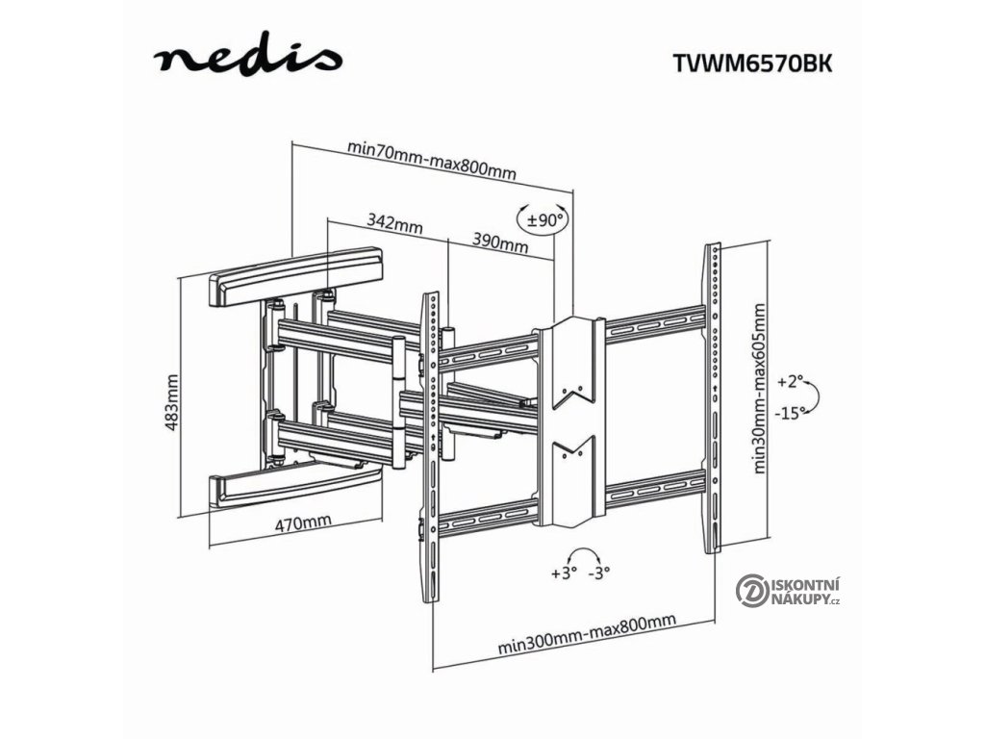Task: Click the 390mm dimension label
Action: (500, 242)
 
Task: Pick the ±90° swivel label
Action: (544, 220)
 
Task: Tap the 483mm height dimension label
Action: (173, 402)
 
